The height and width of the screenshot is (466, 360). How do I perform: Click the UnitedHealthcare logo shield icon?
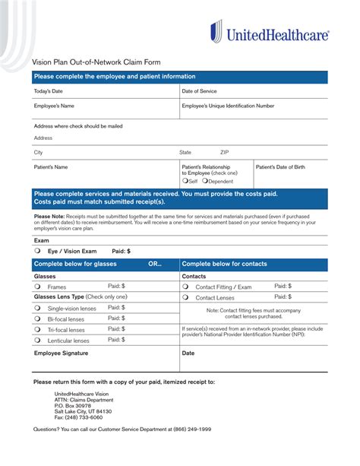[216, 33]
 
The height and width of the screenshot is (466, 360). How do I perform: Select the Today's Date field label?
[48, 91]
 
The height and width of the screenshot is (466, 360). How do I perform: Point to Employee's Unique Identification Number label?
[228, 106]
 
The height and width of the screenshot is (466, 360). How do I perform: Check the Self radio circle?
[185, 182]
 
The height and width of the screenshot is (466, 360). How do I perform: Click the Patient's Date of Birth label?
[280, 166]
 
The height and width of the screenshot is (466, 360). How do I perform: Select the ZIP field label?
[225, 152]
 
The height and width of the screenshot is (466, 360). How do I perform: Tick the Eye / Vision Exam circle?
[36, 250]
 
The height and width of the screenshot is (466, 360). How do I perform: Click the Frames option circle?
[36, 287]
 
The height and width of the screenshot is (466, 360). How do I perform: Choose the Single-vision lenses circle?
[36, 308]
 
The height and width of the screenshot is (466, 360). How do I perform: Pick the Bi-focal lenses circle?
[36, 319]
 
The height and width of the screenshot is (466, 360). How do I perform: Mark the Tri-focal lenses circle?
[36, 330]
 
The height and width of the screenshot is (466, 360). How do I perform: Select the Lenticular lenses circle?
[36, 341]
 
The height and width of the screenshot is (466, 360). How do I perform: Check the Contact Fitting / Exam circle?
[185, 287]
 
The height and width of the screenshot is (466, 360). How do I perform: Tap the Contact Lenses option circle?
[185, 297]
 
